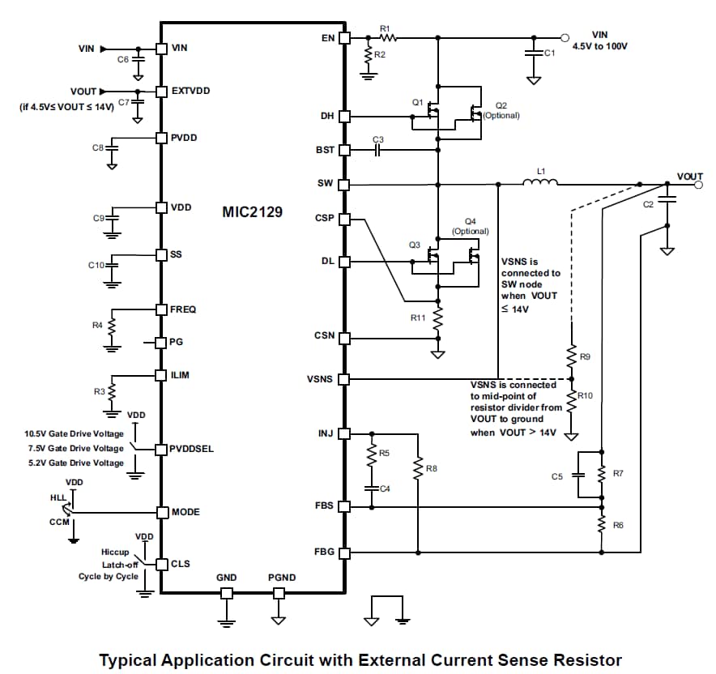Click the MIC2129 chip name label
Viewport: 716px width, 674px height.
252,212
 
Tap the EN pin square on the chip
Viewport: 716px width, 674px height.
344,37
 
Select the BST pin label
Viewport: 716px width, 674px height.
324,151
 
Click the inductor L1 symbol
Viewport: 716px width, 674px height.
539,183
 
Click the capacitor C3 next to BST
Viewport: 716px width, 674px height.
378,151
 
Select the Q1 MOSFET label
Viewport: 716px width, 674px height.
417,103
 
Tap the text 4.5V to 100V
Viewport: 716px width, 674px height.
600,47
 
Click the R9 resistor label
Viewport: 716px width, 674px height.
586,356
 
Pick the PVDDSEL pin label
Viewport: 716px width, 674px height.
192,448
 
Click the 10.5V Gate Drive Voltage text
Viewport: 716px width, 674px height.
75,433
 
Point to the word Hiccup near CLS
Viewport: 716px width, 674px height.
104,551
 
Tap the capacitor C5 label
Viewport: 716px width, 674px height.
556,477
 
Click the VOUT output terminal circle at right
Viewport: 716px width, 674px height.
697,185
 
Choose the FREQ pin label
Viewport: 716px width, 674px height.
183,309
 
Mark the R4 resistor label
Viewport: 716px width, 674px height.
97,325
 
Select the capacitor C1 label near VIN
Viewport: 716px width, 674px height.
548,53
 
